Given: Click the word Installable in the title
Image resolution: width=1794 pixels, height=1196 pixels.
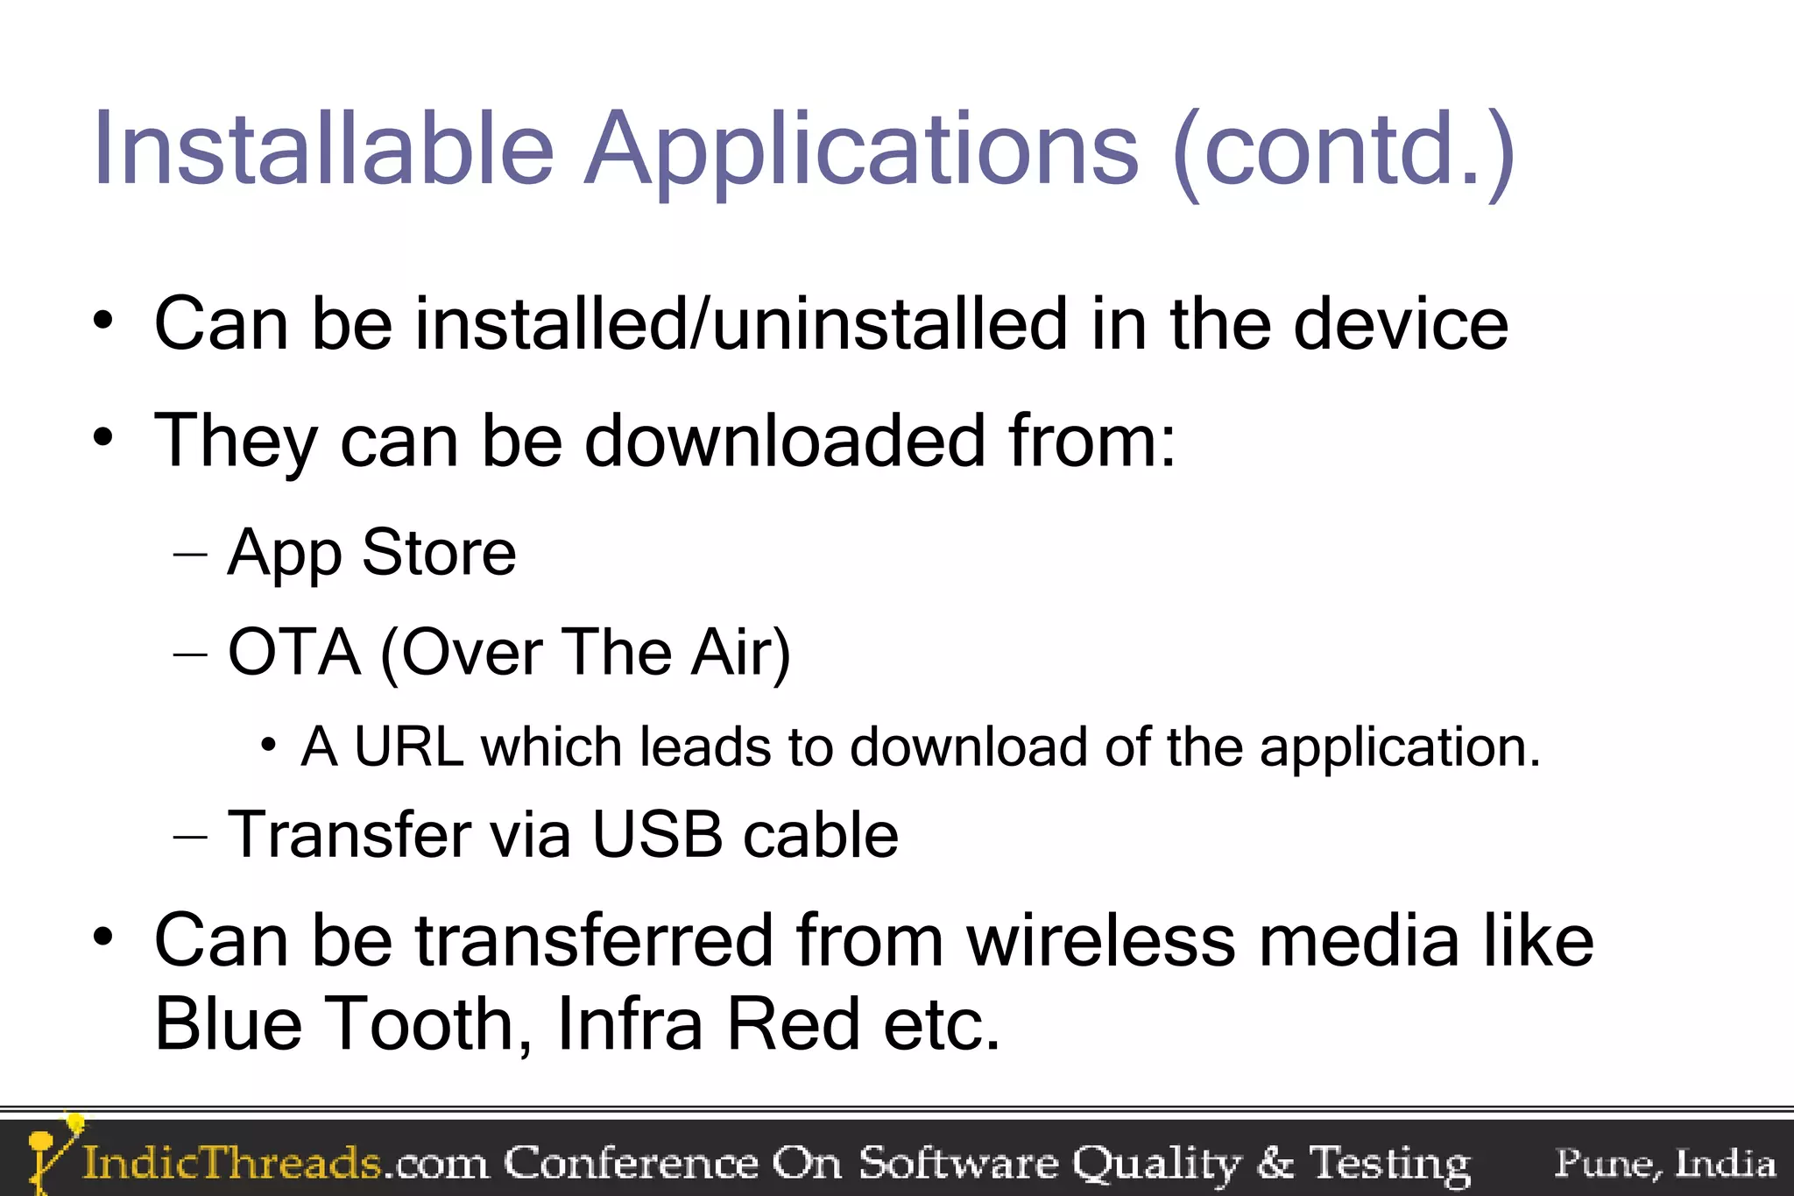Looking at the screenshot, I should click(323, 149).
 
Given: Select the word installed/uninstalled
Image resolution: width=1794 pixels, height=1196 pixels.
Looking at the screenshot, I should click(741, 324).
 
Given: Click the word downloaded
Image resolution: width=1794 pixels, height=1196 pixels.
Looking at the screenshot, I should click(785, 441).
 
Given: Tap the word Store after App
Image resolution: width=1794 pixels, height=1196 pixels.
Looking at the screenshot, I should click(439, 553).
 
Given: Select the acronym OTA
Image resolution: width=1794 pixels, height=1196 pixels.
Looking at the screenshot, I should click(294, 652).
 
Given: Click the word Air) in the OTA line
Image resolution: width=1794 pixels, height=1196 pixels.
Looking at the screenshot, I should click(740, 653).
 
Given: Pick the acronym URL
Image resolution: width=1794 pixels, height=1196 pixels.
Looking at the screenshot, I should click(408, 747).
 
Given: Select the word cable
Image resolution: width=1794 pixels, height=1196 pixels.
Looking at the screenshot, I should click(821, 833).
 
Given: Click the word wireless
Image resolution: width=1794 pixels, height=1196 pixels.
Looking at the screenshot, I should click(1100, 940).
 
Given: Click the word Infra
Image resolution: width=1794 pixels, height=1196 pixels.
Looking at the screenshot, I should click(630, 1023).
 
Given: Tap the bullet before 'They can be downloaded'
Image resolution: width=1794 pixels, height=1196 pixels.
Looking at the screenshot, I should click(103, 435).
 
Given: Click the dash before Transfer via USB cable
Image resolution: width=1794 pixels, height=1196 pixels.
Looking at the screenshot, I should click(190, 836).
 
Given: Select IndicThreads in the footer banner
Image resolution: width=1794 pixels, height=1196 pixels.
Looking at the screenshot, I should click(231, 1164).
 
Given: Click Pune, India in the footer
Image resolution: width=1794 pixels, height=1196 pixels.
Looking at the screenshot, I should click(1664, 1164).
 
